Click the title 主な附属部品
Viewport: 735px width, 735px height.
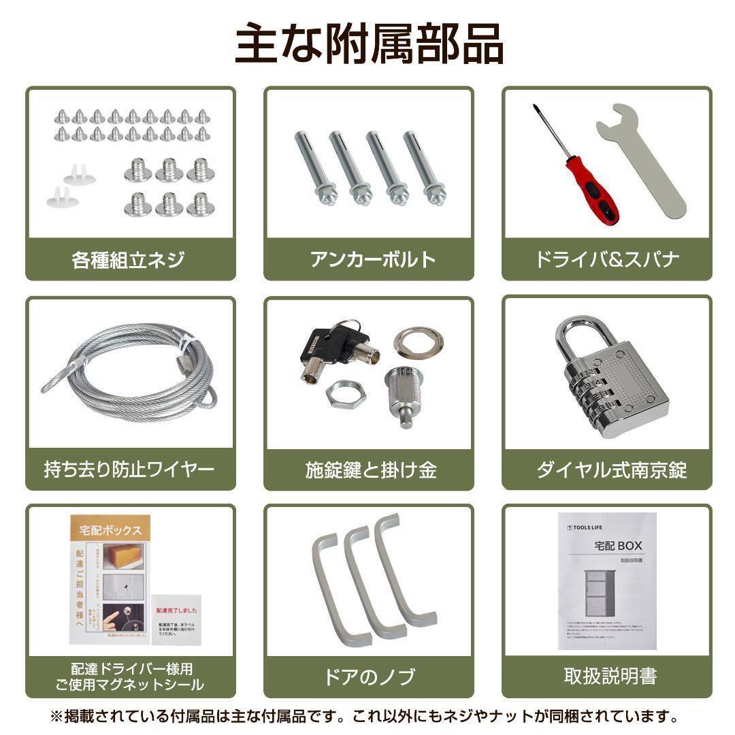click(368, 45)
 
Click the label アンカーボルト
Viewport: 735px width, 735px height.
click(368, 259)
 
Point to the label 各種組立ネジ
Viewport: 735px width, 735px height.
click(129, 259)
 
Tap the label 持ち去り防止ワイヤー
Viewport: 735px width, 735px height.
click(129, 470)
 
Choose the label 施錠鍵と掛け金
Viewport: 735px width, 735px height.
click(368, 470)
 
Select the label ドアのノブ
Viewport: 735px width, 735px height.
click(368, 676)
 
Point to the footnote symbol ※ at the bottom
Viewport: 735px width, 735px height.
click(56, 716)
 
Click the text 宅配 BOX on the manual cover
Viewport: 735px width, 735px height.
click(617, 545)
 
